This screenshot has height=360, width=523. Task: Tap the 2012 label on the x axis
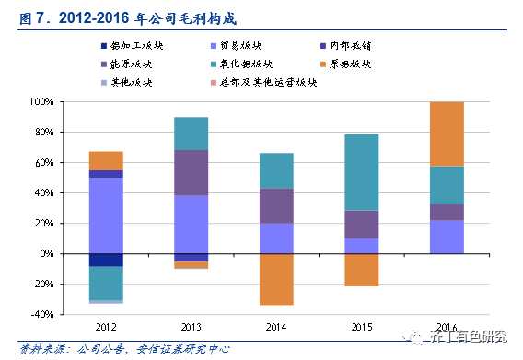pos(106,327)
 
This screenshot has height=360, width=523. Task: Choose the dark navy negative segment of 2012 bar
pos(106,260)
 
